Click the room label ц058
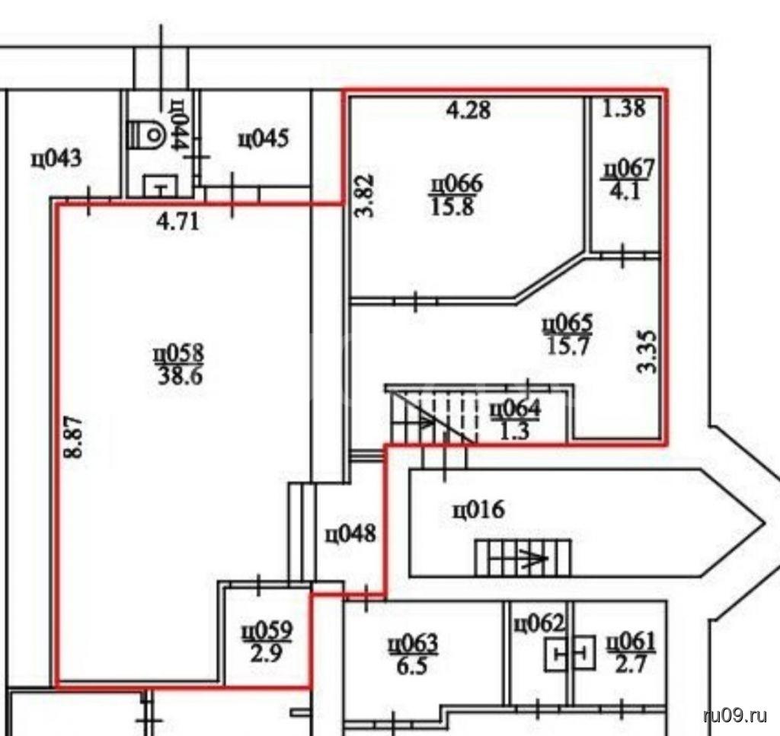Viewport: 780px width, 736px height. point(178,355)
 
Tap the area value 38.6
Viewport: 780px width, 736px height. point(180,377)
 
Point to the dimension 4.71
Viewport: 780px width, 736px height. point(177,221)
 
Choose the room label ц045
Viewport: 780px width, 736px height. point(263,139)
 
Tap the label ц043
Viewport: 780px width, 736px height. point(56,159)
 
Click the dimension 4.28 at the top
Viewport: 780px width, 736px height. point(468,110)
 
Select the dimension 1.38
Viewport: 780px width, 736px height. point(624,108)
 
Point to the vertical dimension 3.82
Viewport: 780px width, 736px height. point(366,196)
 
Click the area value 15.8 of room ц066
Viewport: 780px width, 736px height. point(452,206)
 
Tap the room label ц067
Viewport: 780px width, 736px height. point(628,168)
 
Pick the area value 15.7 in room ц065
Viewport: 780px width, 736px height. point(568,346)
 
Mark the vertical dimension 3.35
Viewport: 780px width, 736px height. point(647,352)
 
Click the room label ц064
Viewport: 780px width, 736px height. point(515,409)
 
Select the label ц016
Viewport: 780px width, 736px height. point(478,509)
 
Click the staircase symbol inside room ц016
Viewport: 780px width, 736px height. point(523,558)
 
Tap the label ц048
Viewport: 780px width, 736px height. point(350,535)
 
